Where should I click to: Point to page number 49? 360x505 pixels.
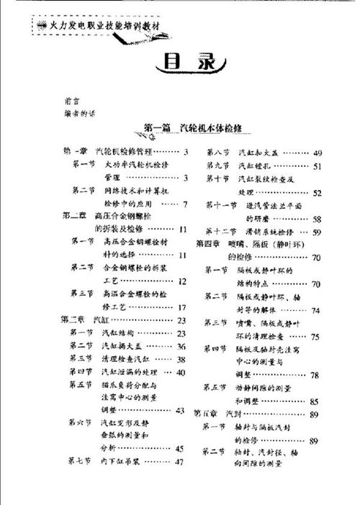coord(318,153)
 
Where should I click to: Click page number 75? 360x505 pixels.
coord(315,337)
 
